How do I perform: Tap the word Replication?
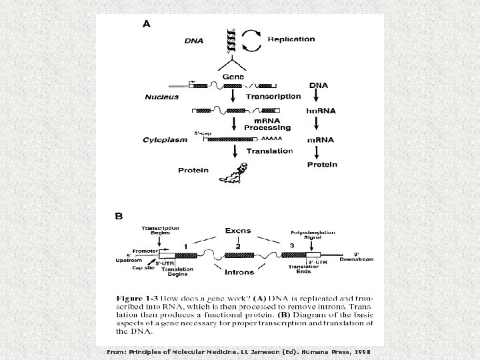(291, 39)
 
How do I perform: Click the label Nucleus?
(161, 97)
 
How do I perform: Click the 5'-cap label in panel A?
(203, 133)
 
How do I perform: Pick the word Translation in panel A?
(269, 151)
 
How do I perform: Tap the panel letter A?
(147, 23)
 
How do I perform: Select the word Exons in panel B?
(237, 231)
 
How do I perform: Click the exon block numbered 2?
(237, 255)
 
